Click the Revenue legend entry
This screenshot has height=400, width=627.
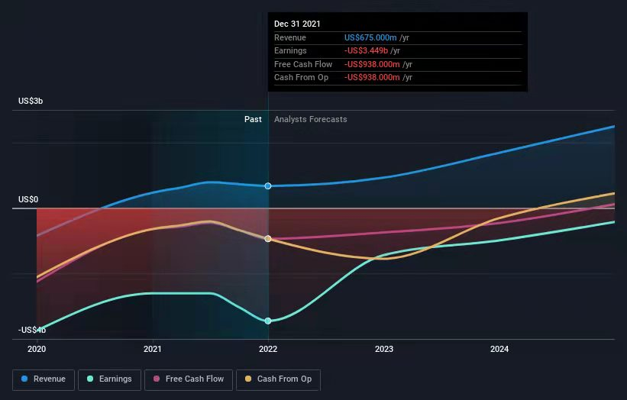[44, 379]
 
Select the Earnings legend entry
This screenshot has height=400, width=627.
[109, 379]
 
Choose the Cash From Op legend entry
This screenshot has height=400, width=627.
[279, 379]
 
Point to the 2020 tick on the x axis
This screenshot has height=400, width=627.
[37, 349]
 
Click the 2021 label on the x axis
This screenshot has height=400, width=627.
[153, 349]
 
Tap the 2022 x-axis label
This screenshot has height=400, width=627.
[268, 349]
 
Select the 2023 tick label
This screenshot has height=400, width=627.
[384, 349]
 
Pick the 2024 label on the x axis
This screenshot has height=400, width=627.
[499, 349]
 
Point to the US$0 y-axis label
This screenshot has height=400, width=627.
[28, 199]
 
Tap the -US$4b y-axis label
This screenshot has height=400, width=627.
[32, 330]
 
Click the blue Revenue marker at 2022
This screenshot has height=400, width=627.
[268, 186]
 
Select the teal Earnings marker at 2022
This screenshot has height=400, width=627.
[268, 321]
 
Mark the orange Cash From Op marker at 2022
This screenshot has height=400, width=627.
[268, 239]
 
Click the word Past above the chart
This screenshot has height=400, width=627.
[253, 119]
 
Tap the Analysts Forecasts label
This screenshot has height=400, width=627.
[310, 119]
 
